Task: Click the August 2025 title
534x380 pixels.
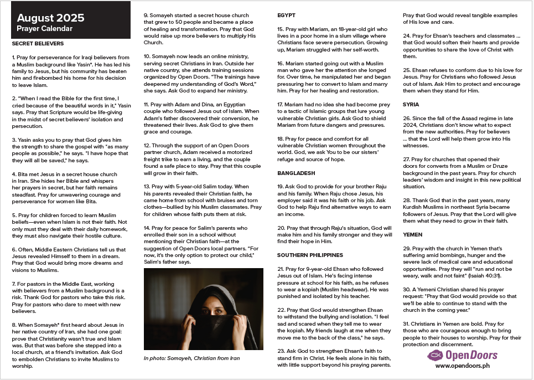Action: coord(43,17)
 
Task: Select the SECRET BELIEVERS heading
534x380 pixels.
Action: coord(38,43)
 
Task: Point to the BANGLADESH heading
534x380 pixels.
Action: coord(296,173)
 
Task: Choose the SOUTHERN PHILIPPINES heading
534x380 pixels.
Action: coord(310,255)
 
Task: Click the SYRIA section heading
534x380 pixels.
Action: coord(411,104)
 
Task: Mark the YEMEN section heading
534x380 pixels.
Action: coord(412,235)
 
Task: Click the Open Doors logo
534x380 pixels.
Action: coord(462,355)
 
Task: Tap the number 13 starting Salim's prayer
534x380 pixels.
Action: coord(147,186)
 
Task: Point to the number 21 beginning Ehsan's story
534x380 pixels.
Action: coord(281,268)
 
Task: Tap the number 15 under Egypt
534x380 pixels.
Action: coord(281,29)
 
